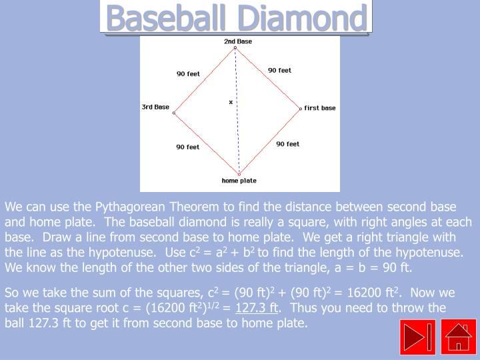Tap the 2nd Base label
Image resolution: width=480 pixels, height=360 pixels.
click(x=238, y=41)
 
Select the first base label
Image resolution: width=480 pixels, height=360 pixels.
click(x=320, y=108)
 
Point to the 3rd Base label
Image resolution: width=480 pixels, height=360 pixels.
click(x=155, y=107)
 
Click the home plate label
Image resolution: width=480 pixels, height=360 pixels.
click(x=239, y=181)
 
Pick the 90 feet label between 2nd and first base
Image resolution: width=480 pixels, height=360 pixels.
click(x=279, y=70)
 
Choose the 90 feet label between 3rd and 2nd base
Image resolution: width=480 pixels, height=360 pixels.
click(x=188, y=74)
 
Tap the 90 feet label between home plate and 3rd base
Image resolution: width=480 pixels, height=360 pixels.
click(x=188, y=147)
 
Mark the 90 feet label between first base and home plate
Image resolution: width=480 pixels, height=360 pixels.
click(x=287, y=144)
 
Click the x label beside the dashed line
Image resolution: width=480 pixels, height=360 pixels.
click(x=231, y=102)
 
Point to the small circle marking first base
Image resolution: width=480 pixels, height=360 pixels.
click(x=301, y=108)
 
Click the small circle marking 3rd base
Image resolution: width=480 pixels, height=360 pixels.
click(x=174, y=113)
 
